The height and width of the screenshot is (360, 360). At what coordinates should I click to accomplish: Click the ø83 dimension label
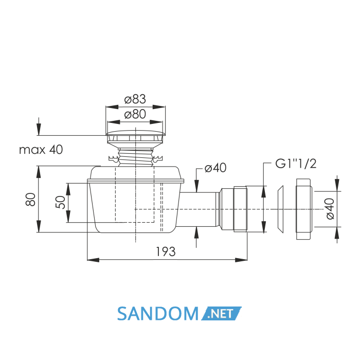[135, 99]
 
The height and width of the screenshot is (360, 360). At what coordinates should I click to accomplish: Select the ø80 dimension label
[135, 114]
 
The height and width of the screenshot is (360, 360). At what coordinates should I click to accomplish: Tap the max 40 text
[41, 150]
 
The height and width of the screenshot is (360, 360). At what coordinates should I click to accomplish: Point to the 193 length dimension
[166, 251]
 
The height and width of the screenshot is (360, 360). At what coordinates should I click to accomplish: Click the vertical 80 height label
[30, 200]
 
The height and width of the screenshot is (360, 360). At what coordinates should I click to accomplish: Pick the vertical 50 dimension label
[60, 202]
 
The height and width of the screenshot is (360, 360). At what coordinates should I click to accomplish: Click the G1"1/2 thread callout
[296, 164]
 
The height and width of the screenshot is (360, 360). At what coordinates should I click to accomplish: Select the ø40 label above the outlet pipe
[215, 168]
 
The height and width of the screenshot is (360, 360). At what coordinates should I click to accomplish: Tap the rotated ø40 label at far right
[330, 209]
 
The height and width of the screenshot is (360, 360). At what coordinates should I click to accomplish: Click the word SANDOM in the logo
[158, 314]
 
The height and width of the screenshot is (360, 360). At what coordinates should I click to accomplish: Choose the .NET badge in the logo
[221, 313]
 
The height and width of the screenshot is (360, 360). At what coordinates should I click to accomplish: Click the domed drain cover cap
[135, 133]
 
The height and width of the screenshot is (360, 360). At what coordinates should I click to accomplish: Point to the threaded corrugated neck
[135, 157]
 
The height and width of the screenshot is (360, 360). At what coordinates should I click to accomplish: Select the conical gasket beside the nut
[280, 209]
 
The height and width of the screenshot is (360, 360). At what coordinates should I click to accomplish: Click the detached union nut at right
[304, 209]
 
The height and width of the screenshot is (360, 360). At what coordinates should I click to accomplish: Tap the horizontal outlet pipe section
[198, 209]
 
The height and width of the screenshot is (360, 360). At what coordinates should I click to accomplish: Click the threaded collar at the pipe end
[240, 209]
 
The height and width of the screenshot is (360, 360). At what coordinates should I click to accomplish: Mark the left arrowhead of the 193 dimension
[93, 260]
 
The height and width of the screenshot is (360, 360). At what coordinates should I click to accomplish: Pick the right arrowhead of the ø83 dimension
[159, 107]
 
